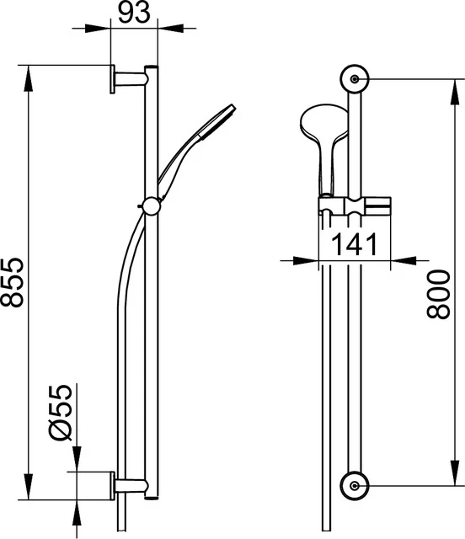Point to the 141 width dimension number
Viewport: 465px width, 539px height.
pyautogui.click(x=353, y=245)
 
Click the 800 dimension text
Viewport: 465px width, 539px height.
pyautogui.click(x=437, y=295)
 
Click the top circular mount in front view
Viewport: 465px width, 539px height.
pyautogui.click(x=354, y=78)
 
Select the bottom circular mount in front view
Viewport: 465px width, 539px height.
pyautogui.click(x=354, y=484)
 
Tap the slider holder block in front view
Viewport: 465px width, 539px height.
pyautogui.click(x=354, y=205)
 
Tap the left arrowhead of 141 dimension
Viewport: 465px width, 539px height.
pyautogui.click(x=308, y=261)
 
